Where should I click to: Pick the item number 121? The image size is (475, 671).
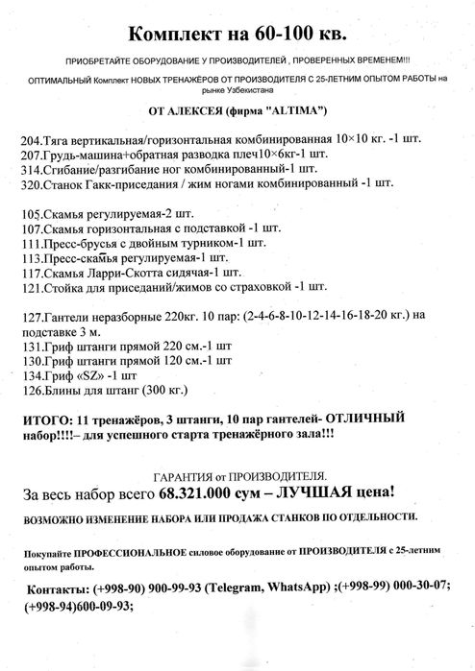coord(30,286)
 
